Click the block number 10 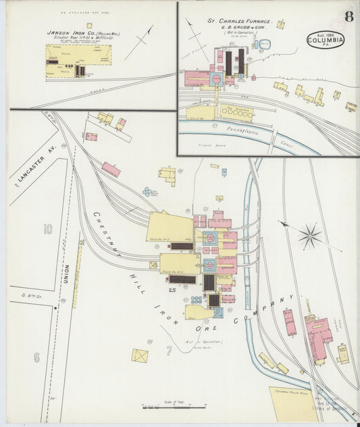(x=47, y=230)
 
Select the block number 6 (x=36, y=357)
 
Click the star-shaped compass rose (x=310, y=236)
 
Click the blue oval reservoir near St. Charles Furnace (x=265, y=45)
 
